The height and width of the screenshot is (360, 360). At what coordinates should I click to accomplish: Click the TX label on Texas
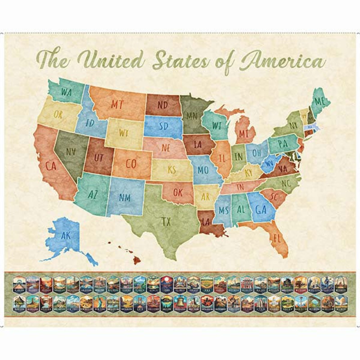pos(166,221)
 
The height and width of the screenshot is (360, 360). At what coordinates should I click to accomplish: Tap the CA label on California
pos(50,166)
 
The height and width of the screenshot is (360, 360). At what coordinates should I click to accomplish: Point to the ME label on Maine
pos(319,102)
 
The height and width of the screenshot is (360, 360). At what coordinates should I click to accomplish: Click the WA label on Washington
pos(67,93)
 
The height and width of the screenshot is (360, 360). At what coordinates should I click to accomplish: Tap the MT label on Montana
pos(117,104)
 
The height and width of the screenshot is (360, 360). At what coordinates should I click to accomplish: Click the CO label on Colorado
pos(131,164)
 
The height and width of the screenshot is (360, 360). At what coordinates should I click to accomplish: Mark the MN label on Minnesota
pos(192,116)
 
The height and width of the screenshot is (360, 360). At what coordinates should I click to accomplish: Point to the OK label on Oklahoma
pos(178,193)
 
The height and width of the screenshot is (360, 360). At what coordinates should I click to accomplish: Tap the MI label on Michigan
pos(243,134)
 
